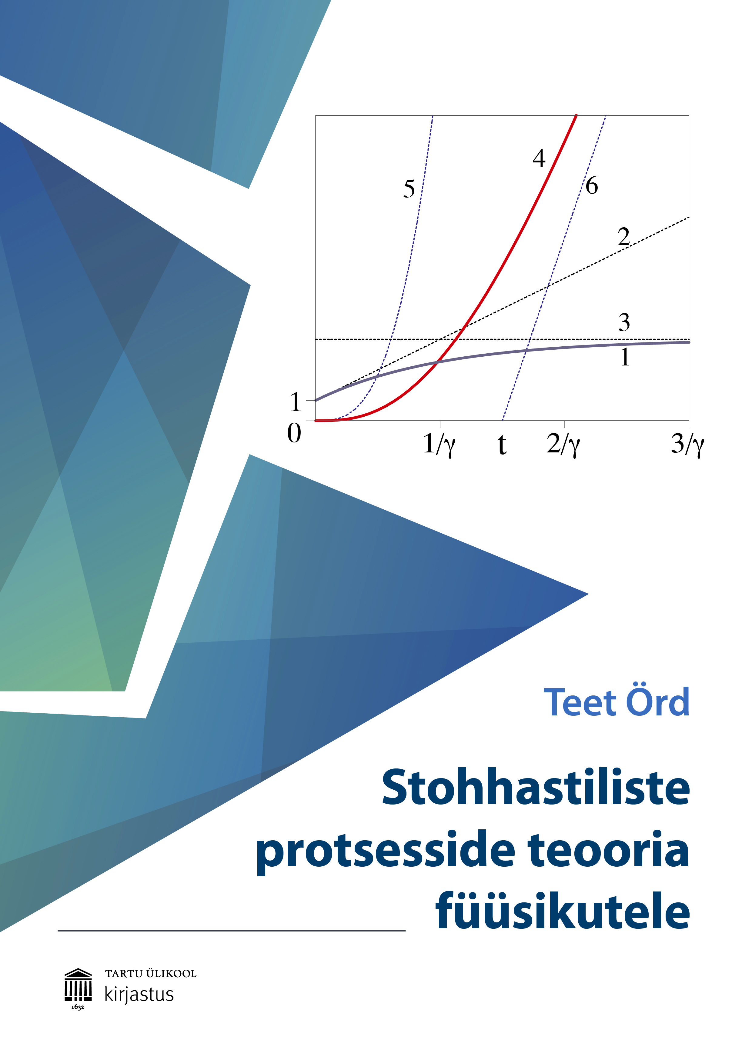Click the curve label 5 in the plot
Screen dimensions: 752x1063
(409, 189)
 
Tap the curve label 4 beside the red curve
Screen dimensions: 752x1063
(539, 158)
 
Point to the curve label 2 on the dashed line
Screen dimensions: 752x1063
(624, 237)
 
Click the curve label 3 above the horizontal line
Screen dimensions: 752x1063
(624, 322)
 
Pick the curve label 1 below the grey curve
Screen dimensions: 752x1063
(625, 357)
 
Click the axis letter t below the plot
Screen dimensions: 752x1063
(502, 445)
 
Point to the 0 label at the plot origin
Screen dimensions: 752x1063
(294, 433)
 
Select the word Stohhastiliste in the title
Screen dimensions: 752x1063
(536, 788)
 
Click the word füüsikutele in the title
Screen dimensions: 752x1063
(563, 910)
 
